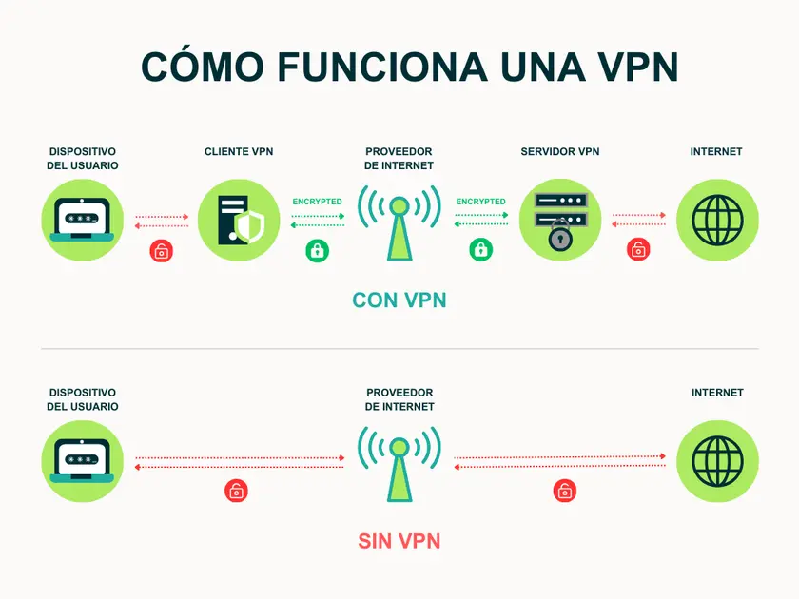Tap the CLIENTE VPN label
239,152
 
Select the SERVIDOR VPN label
560,152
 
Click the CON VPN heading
399,300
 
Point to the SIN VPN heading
399,541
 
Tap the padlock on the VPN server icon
559,237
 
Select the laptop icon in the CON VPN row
83,221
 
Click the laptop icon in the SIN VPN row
83,461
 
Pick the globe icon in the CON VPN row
717,221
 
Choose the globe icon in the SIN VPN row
717,461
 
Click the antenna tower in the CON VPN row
399,223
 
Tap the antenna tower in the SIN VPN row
399,465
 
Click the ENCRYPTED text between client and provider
318,202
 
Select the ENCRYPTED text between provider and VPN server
481,202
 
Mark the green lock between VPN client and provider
317,250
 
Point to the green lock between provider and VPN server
481,250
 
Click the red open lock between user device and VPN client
163,251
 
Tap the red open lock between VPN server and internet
638,250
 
